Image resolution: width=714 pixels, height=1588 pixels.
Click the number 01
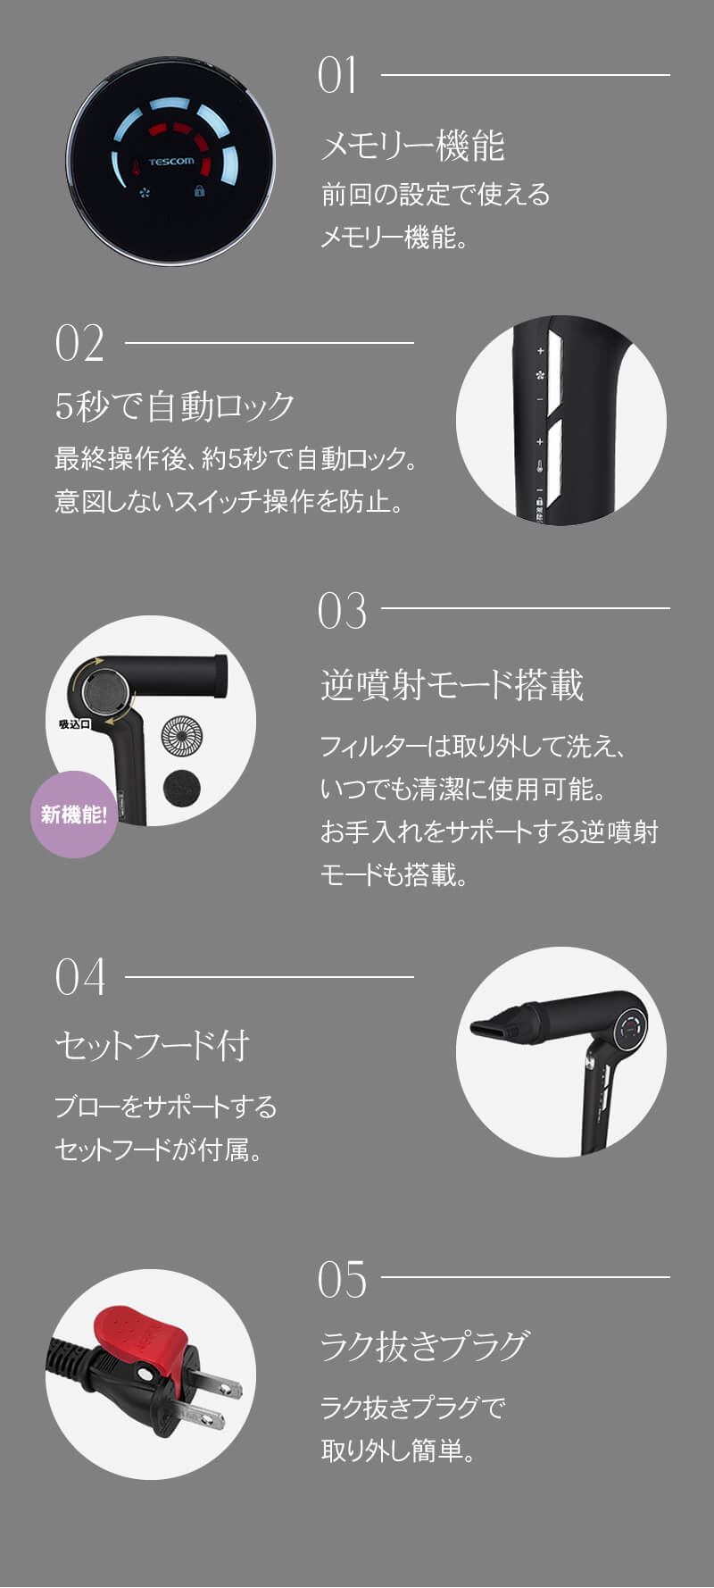coord(337,76)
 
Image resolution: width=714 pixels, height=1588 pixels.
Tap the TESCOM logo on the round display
coord(170,162)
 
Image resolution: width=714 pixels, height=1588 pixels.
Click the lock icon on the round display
coord(199,191)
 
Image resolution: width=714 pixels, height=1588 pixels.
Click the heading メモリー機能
coord(412,146)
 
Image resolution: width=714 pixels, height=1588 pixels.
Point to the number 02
coord(79,344)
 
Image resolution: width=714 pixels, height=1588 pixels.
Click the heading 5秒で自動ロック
coord(175,406)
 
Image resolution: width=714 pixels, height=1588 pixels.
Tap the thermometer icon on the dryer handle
coord(540,466)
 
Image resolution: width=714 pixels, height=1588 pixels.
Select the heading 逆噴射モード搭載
coord(452,685)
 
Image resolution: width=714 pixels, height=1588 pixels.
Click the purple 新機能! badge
coord(74,815)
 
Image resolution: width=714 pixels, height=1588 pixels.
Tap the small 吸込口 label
coord(74,724)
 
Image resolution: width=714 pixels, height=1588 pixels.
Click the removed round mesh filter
coord(182,735)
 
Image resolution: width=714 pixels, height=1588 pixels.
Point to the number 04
coord(79,977)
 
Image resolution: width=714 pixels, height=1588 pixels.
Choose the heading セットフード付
coord(153,1045)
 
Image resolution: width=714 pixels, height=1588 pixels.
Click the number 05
coord(342,1280)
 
